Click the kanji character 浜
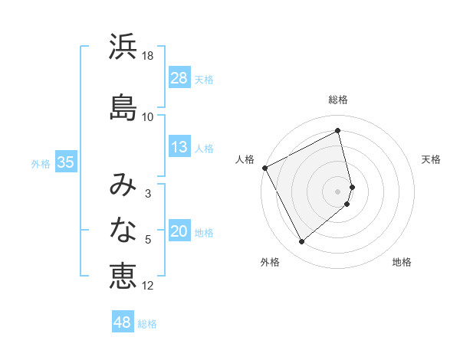[x=123, y=47]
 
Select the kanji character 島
[x=123, y=106]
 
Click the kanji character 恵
[x=123, y=275]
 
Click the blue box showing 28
[x=179, y=78]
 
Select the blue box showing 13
[x=179, y=147]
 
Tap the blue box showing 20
[x=179, y=232]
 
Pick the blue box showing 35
[x=65, y=162]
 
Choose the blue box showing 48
[x=123, y=322]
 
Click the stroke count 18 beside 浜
[x=148, y=56]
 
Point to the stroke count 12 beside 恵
[x=148, y=286]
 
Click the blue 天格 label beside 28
[x=204, y=79]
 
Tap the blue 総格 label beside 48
[x=147, y=324]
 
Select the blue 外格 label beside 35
[x=41, y=163]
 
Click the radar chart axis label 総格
[x=338, y=100]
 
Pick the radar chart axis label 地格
[x=402, y=262]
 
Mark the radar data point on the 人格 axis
[x=265, y=168]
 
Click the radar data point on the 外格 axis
[x=301, y=242]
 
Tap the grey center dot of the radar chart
[x=338, y=191]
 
